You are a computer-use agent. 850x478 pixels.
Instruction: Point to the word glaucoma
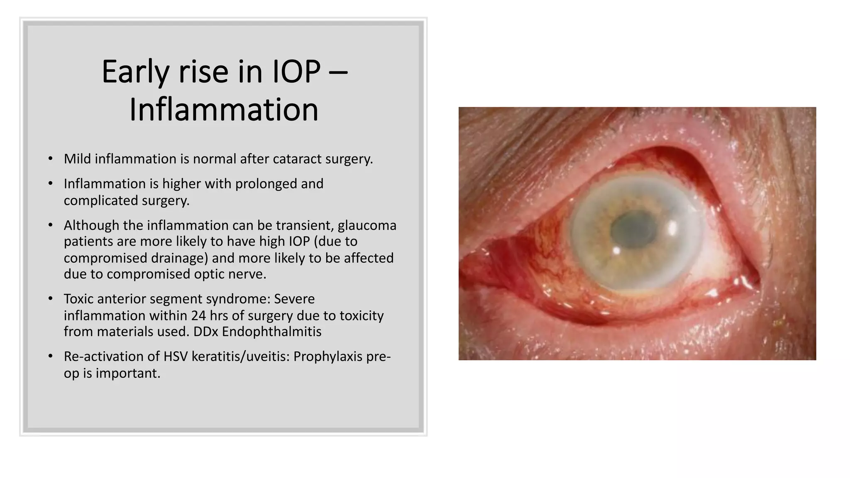pos(367,225)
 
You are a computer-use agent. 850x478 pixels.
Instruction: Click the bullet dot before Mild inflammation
pos(50,159)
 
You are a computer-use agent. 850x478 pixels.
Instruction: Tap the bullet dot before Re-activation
pos(50,357)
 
